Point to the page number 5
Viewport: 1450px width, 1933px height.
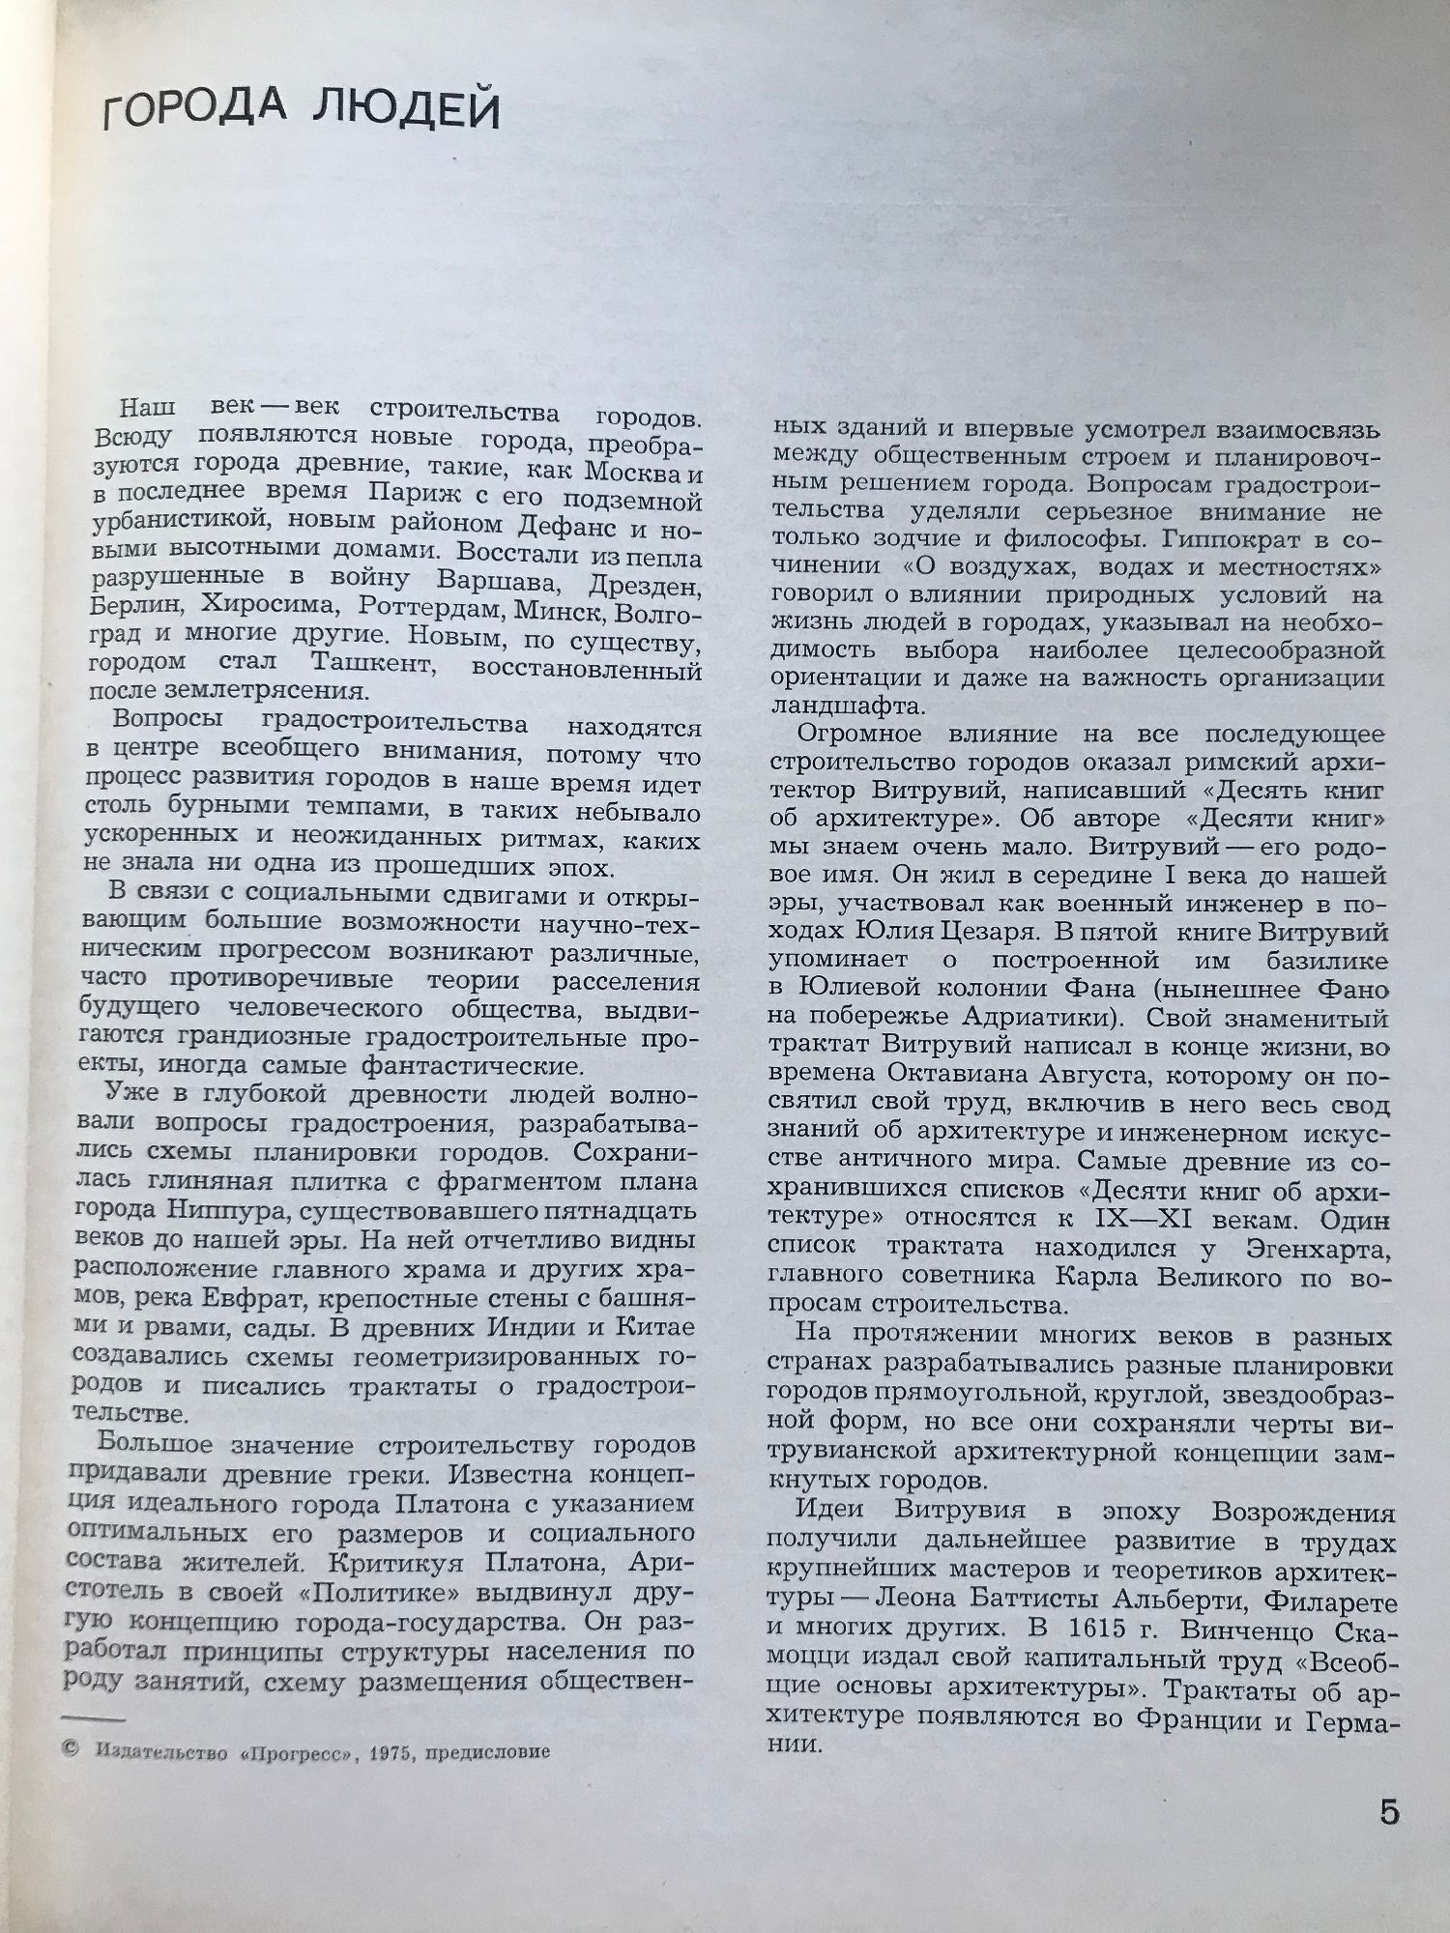tap(1389, 1811)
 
